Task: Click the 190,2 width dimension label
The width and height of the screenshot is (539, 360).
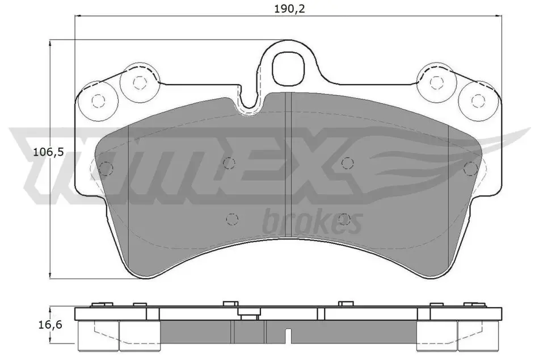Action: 289,9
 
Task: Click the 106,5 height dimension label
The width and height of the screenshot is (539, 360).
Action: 48,152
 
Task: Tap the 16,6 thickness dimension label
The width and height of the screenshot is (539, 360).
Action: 50,324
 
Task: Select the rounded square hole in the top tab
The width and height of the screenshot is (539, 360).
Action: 289,68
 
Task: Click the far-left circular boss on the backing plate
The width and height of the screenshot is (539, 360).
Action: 98,101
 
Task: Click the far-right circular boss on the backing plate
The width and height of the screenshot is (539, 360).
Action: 478,101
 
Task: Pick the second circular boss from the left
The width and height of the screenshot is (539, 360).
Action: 139,83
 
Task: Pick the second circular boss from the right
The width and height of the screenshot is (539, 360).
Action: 436,82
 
